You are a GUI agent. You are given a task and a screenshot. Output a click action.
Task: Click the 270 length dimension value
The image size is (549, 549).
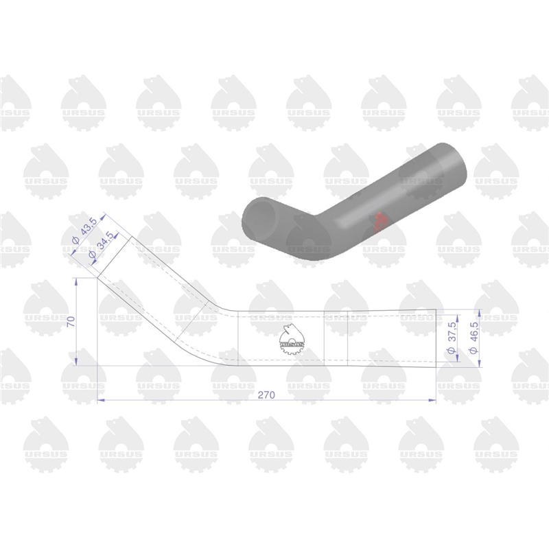tap(266, 395)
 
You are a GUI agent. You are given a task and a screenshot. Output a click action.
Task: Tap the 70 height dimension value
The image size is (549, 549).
tap(71, 321)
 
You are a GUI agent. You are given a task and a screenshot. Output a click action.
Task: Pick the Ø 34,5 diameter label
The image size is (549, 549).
tap(102, 245)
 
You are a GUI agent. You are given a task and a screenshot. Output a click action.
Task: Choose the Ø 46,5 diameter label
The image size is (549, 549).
tap(474, 338)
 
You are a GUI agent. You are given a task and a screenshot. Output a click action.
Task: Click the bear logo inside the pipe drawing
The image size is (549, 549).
tap(292, 339)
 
